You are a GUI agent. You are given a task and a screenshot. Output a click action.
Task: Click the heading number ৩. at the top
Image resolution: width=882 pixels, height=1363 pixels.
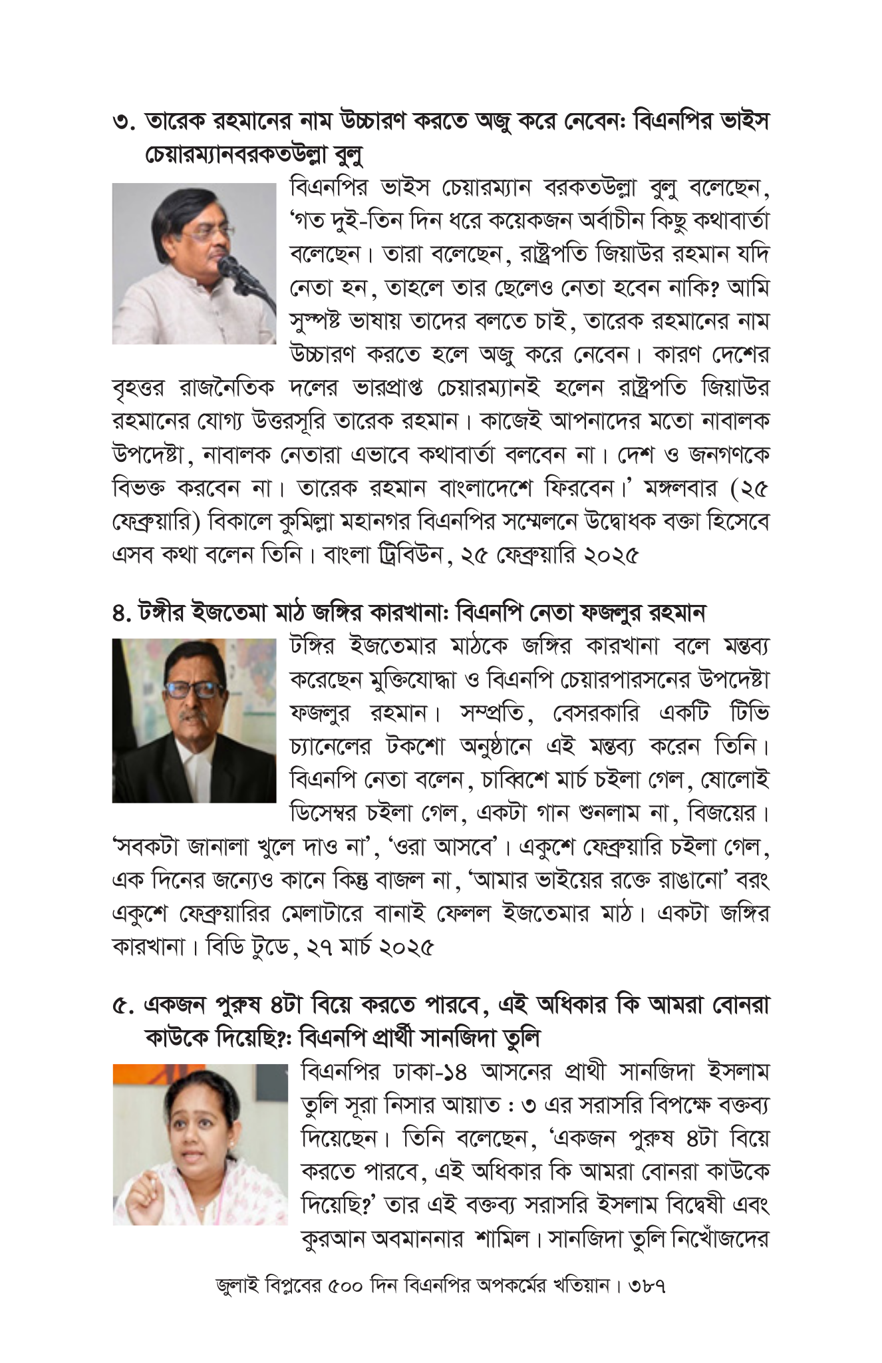click(x=124, y=124)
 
